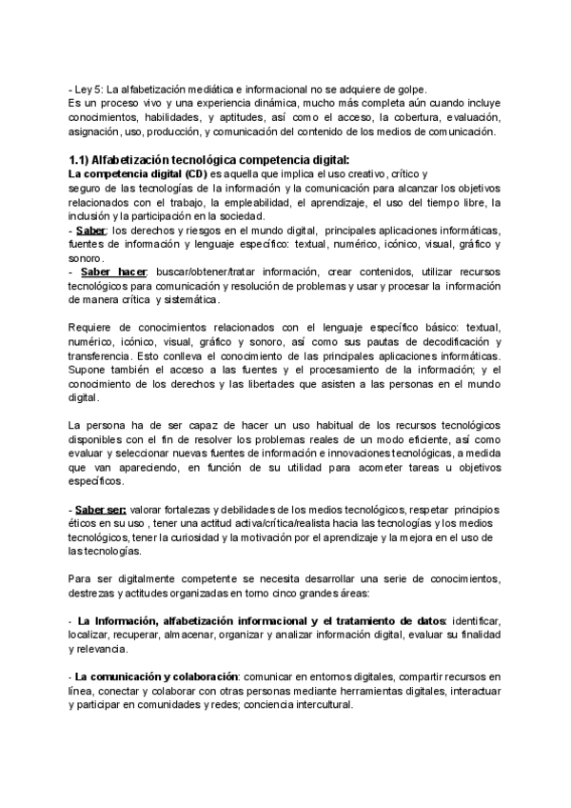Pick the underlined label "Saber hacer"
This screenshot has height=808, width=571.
(108, 272)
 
